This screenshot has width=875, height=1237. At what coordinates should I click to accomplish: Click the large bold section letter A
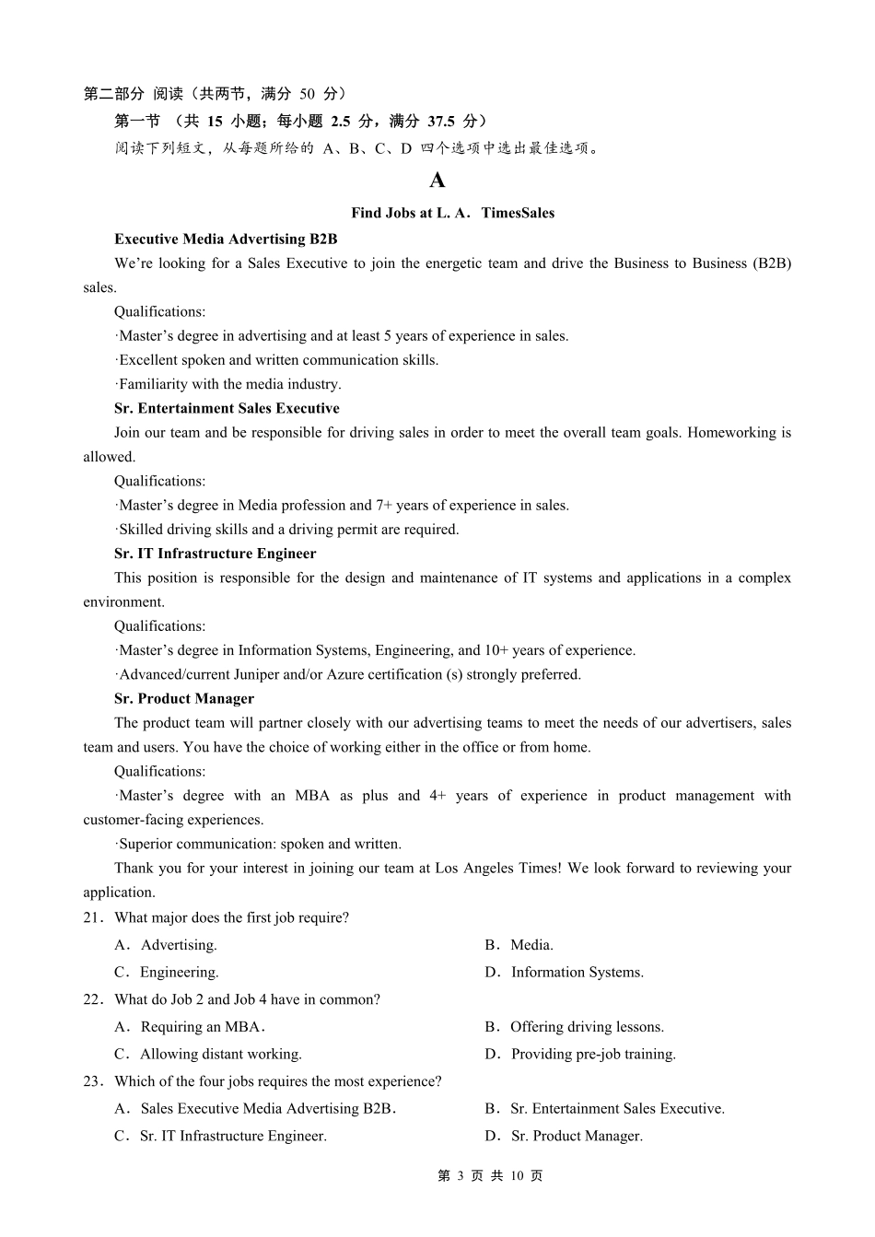pos(437,181)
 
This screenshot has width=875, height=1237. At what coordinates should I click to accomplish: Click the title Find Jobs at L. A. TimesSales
pos(452,213)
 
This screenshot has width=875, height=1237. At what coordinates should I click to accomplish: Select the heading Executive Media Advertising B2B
pos(226,239)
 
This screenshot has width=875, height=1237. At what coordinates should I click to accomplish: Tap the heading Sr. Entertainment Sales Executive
pos(227,408)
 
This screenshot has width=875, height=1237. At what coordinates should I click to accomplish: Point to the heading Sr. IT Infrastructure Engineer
pos(215,554)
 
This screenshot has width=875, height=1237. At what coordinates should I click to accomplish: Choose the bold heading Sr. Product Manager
pos(184,699)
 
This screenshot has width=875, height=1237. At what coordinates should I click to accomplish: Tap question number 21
pos(92,918)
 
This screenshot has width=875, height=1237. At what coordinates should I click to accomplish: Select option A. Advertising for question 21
pos(166,945)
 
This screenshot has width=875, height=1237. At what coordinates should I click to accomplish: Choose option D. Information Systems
pos(565,973)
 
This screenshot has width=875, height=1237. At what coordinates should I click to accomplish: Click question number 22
pos(92,1000)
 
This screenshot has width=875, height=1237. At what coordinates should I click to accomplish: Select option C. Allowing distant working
pos(208,1055)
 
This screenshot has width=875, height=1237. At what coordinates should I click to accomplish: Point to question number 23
pos(92,1082)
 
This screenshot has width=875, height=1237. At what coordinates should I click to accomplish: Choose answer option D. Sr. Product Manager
pos(564,1137)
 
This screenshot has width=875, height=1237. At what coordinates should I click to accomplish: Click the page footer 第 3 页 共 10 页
pos(489,1176)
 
